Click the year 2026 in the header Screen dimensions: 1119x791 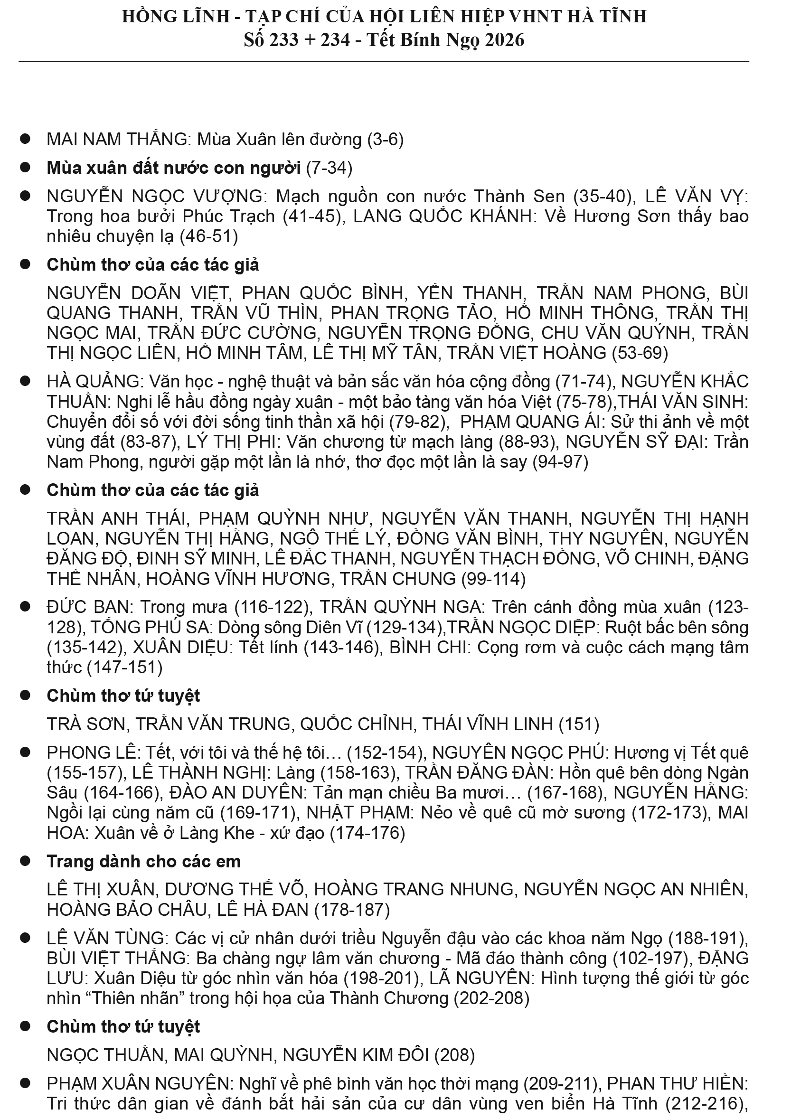tap(504, 39)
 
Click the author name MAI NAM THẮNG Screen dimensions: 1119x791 tap(117, 140)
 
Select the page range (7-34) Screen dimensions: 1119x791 tap(329, 168)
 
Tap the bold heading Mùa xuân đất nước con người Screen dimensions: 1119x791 tap(173, 168)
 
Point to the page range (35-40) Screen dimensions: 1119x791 tap(604, 197)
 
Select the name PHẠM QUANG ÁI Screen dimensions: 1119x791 tap(530, 422)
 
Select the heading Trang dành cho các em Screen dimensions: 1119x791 tap(144, 862)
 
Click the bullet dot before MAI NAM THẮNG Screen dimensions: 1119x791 tap(25, 140)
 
